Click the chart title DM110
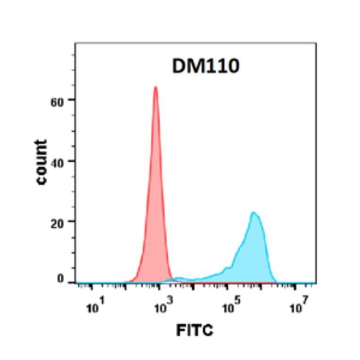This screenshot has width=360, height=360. tap(205, 67)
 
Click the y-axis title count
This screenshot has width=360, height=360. tap(42, 162)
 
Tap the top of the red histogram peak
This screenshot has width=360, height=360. tap(155, 87)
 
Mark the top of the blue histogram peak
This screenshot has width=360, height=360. tap(254, 213)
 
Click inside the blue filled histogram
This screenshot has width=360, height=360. tap(254, 259)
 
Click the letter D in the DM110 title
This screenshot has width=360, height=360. tap(178, 67)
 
